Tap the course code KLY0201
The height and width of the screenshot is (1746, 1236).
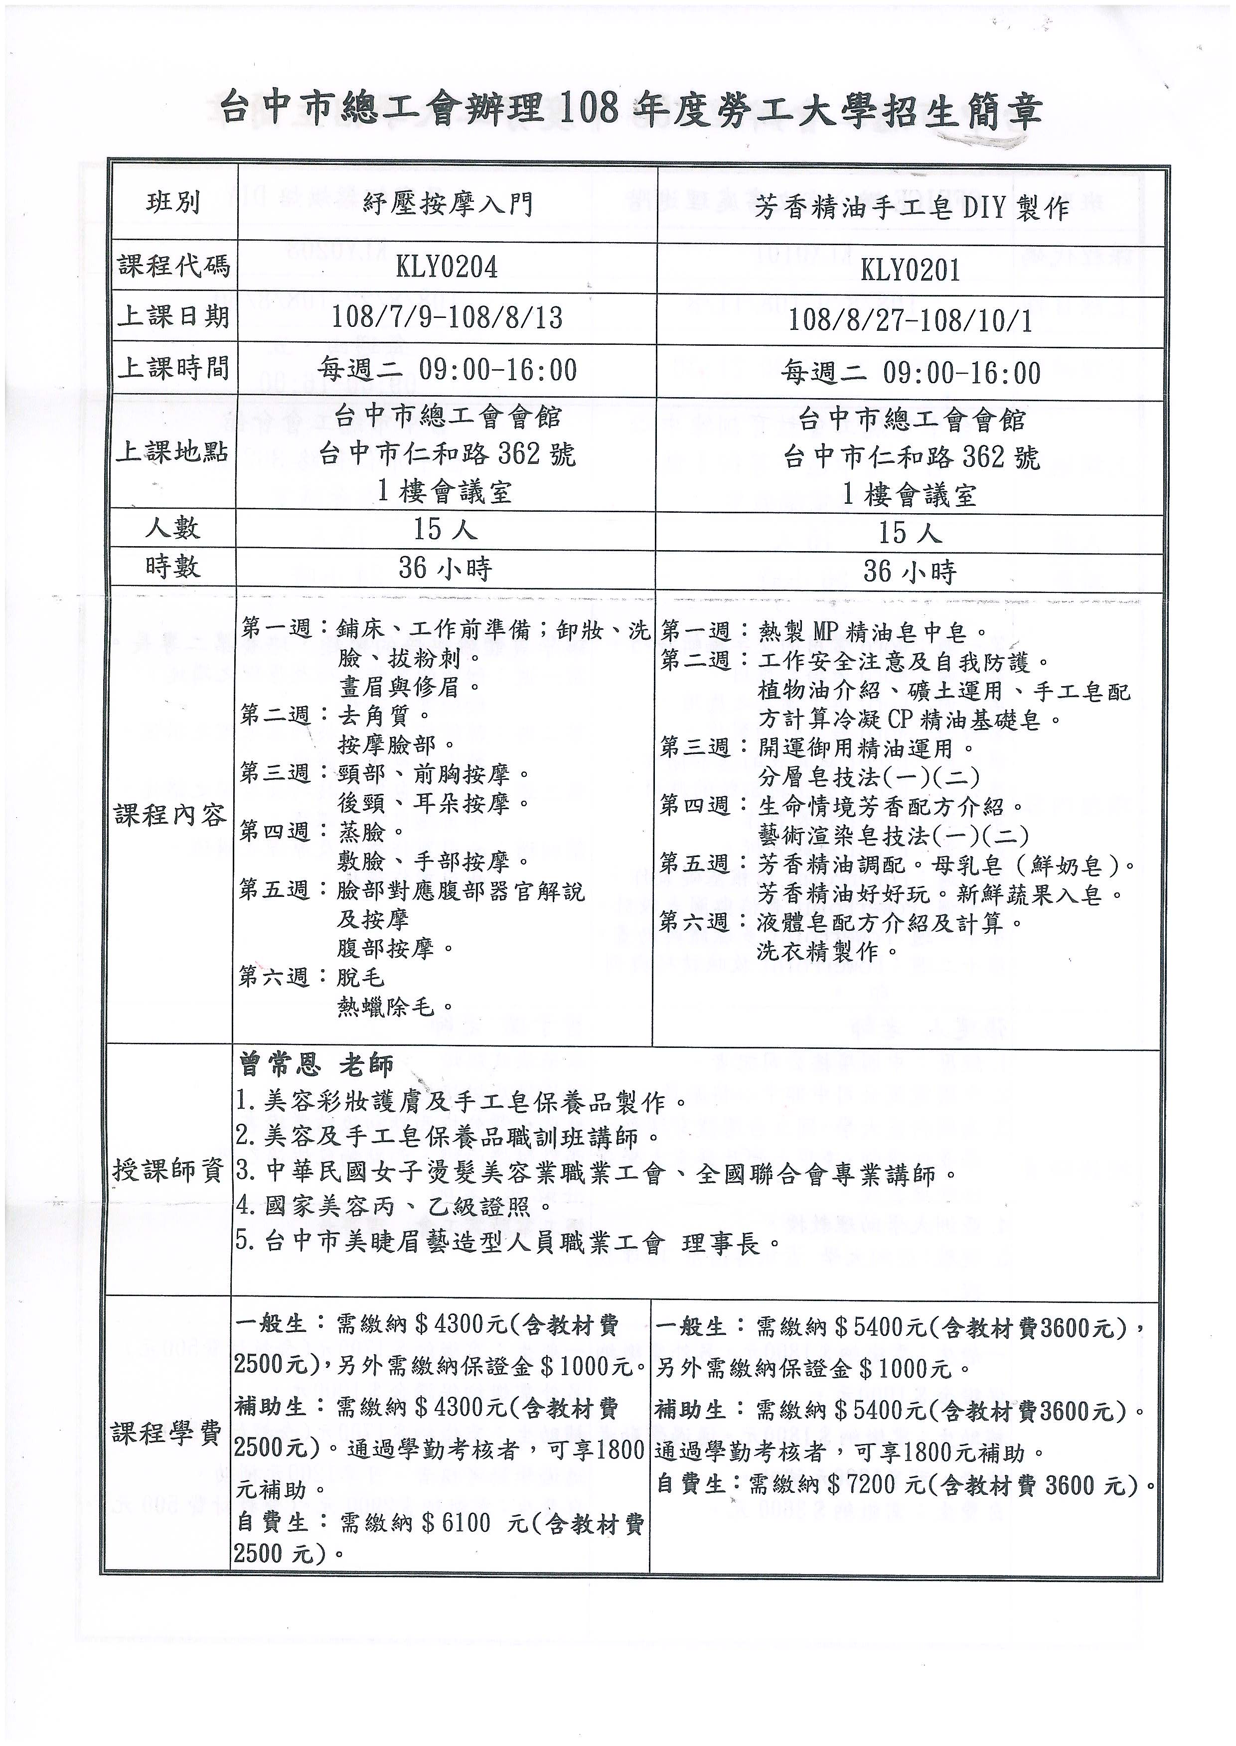(910, 271)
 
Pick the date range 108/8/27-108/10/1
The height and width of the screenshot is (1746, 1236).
(910, 321)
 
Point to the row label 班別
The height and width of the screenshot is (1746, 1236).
(173, 203)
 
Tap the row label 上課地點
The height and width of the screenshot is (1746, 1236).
(172, 452)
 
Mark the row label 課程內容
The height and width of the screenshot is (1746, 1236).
(170, 816)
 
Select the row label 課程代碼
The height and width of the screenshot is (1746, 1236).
(173, 266)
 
